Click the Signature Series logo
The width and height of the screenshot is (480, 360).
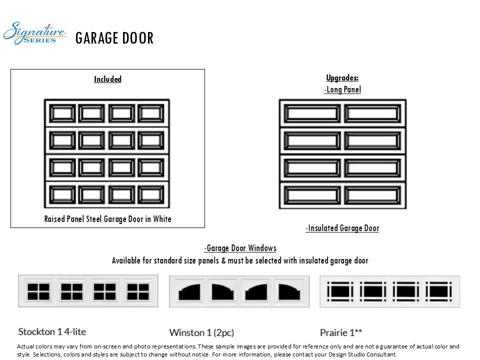click(x=34, y=33)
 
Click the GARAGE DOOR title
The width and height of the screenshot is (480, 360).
click(x=114, y=38)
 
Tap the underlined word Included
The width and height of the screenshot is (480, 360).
click(x=107, y=79)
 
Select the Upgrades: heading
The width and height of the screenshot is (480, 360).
click(x=342, y=77)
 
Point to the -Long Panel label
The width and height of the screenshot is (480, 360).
click(x=342, y=89)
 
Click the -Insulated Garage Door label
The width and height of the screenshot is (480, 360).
click(x=342, y=228)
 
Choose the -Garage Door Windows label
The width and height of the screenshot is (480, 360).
click(x=240, y=248)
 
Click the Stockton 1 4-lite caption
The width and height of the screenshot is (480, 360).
click(x=52, y=331)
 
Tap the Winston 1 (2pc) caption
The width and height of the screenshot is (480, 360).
click(x=201, y=332)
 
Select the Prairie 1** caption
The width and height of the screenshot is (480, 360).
click(x=341, y=332)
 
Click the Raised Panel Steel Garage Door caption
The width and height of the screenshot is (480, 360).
click(x=107, y=218)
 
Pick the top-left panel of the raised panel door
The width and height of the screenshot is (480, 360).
click(x=62, y=113)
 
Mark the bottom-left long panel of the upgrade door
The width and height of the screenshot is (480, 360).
click(x=312, y=194)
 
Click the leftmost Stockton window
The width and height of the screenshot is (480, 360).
click(x=38, y=291)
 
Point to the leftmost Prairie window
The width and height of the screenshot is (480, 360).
click(x=340, y=290)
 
